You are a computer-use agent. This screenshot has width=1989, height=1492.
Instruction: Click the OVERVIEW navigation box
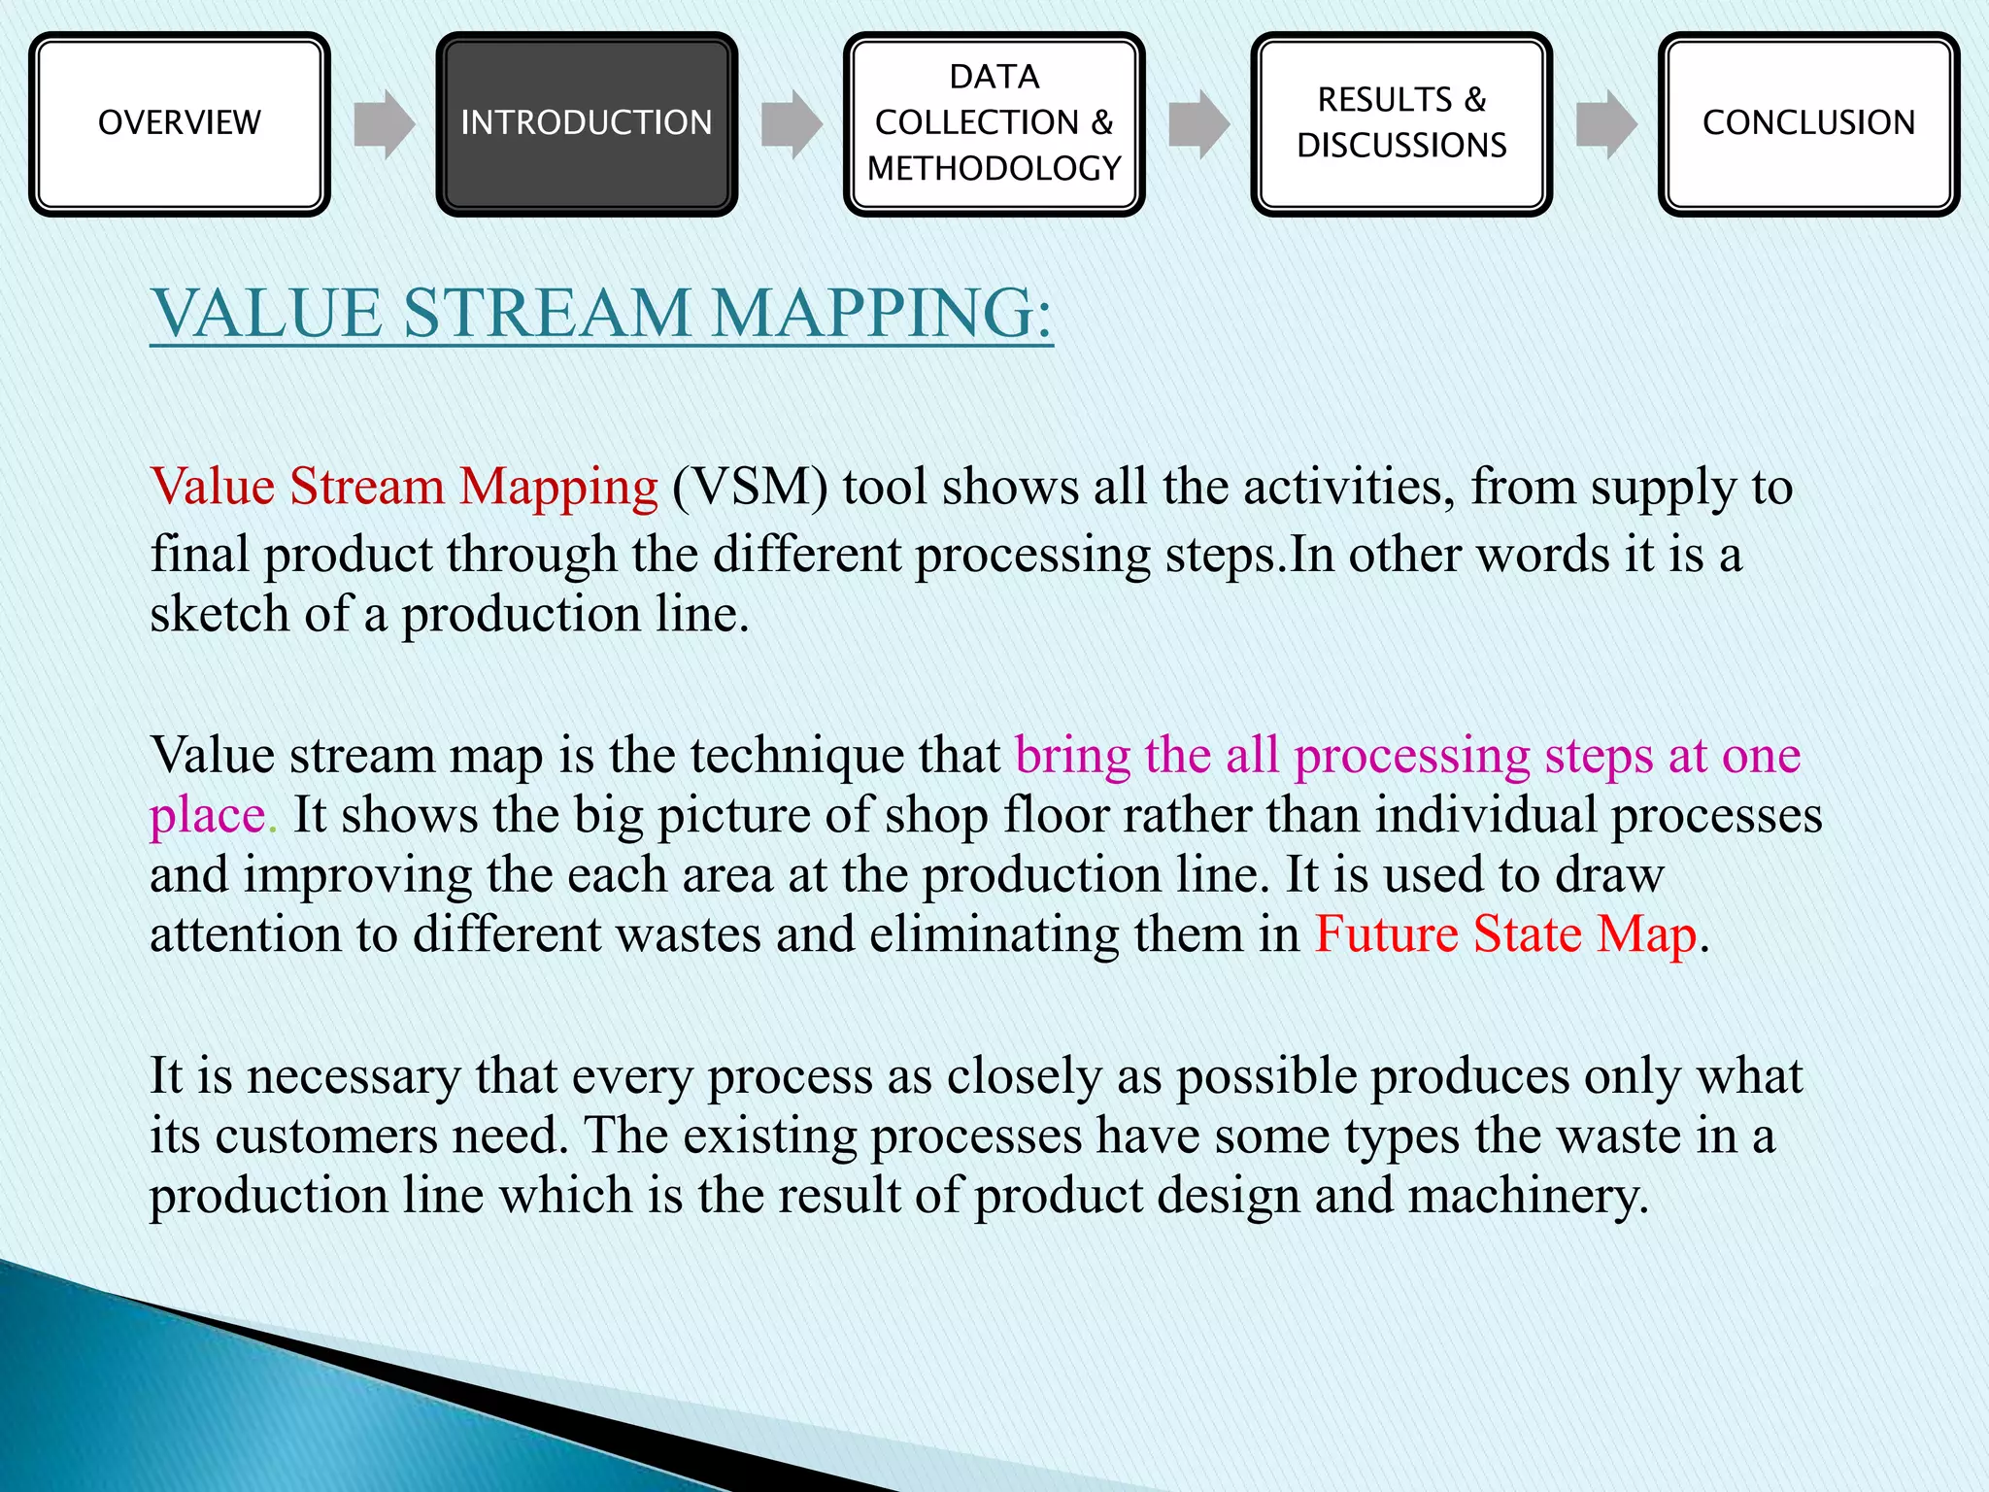pyautogui.click(x=180, y=123)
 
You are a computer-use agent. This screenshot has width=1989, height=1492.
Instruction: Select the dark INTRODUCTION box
pyautogui.click(x=587, y=123)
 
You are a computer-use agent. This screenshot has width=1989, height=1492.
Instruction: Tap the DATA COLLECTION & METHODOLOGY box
pyautogui.click(x=994, y=123)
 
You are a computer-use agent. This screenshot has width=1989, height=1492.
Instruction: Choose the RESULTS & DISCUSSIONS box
pyautogui.click(x=1401, y=123)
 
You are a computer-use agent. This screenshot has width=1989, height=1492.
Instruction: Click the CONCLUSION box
pyautogui.click(x=1808, y=123)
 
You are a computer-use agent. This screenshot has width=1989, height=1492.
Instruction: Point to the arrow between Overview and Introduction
pyautogui.click(x=384, y=124)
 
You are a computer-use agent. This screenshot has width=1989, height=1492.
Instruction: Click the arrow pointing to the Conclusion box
pyautogui.click(x=1605, y=124)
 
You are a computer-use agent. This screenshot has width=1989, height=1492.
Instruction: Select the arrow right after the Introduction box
pyautogui.click(x=791, y=124)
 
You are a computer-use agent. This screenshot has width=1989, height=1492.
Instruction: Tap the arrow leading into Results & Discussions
pyautogui.click(x=1198, y=124)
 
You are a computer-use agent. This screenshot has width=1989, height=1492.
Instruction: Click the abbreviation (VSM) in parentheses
pyautogui.click(x=750, y=487)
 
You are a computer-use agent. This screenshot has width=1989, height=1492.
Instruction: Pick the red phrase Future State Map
pyautogui.click(x=1505, y=934)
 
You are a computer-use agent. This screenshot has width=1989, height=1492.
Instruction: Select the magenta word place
pyautogui.click(x=208, y=816)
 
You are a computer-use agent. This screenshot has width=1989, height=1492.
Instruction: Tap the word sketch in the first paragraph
pyautogui.click(x=219, y=614)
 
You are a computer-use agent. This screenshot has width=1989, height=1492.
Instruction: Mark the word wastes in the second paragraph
pyautogui.click(x=688, y=934)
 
